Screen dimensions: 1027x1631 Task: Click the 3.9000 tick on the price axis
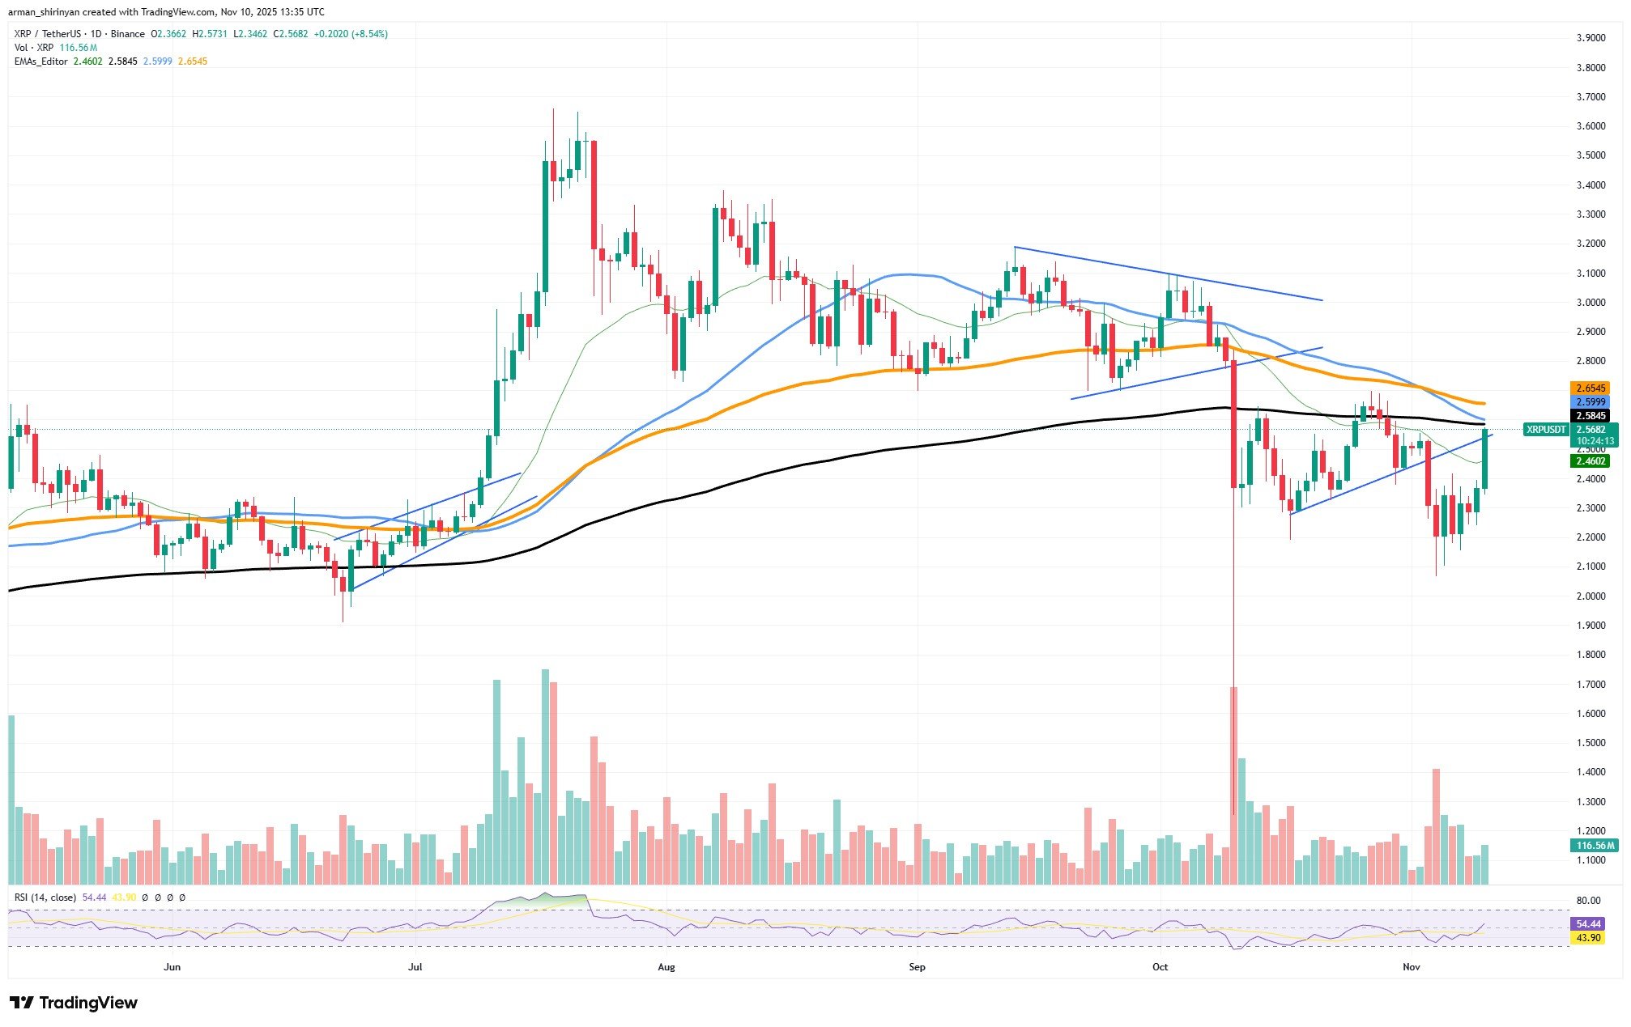(x=1591, y=38)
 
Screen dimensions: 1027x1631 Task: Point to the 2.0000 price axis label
(x=1591, y=596)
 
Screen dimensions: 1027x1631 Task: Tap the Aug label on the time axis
(x=666, y=967)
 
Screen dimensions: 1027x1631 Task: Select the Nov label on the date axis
(x=1412, y=967)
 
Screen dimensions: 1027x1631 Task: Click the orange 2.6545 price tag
(x=1590, y=388)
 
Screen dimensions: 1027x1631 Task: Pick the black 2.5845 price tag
(x=1590, y=416)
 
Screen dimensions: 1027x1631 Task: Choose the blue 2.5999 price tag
(x=1590, y=402)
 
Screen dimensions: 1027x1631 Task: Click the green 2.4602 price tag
(x=1590, y=461)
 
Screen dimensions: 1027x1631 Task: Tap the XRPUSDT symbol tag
(x=1546, y=430)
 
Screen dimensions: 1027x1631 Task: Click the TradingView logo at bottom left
(x=75, y=1004)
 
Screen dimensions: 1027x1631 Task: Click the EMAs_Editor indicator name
(x=41, y=62)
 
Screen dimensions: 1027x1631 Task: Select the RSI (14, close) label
(x=45, y=898)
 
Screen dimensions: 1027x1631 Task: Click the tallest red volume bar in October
(x=1233, y=785)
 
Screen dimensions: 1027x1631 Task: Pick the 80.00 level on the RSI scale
(x=1589, y=901)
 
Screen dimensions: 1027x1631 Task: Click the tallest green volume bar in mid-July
(x=545, y=777)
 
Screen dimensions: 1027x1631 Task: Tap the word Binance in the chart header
(x=128, y=34)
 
